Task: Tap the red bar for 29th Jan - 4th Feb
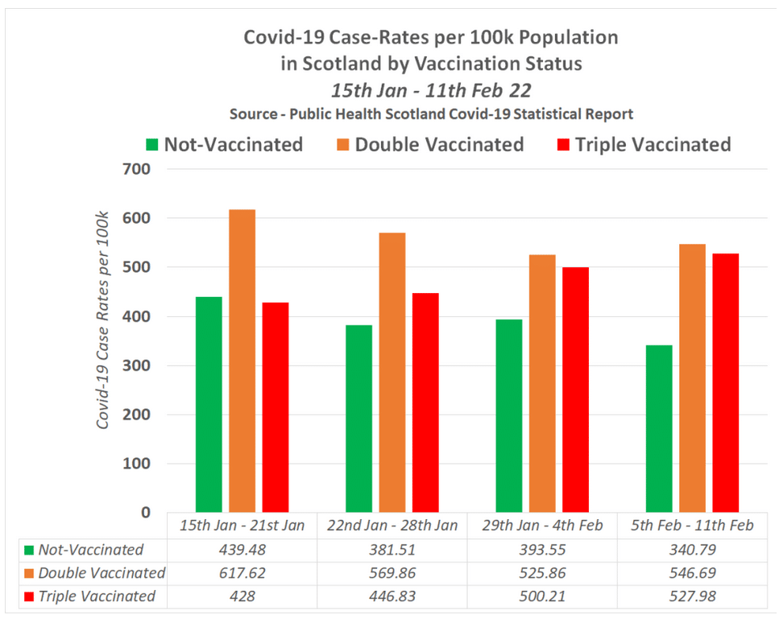click(x=575, y=390)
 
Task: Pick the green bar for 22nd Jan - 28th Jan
click(x=359, y=419)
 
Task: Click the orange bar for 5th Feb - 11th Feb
click(x=692, y=378)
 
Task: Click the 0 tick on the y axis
click(x=145, y=513)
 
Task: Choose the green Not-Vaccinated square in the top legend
click(x=151, y=146)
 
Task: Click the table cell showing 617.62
click(x=242, y=573)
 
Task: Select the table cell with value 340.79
click(x=692, y=551)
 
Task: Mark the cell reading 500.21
click(x=541, y=596)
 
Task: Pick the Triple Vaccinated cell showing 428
click(x=242, y=596)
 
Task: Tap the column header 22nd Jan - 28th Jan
click(x=392, y=526)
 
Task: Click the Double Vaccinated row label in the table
click(x=102, y=573)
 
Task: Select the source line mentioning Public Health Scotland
click(x=431, y=113)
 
